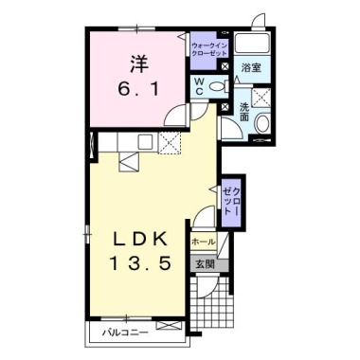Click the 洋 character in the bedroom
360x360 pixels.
(x=138, y=63)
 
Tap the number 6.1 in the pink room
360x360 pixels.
(x=138, y=90)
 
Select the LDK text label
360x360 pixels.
(x=140, y=241)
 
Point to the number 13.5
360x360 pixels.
(x=140, y=263)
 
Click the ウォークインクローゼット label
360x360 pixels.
(x=209, y=49)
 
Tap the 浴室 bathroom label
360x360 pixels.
(x=251, y=67)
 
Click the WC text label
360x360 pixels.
(x=199, y=86)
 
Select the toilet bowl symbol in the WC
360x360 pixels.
(x=219, y=86)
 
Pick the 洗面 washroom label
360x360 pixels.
(x=244, y=112)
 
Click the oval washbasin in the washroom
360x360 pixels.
(x=262, y=123)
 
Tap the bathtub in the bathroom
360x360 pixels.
(x=253, y=43)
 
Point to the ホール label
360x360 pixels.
(x=204, y=243)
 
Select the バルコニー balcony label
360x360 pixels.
(x=125, y=333)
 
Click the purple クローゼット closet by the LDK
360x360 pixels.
(x=232, y=203)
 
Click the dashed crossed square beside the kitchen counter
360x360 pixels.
(x=170, y=144)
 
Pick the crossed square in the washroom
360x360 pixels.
(x=261, y=97)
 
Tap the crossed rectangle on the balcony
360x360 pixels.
(x=170, y=325)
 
